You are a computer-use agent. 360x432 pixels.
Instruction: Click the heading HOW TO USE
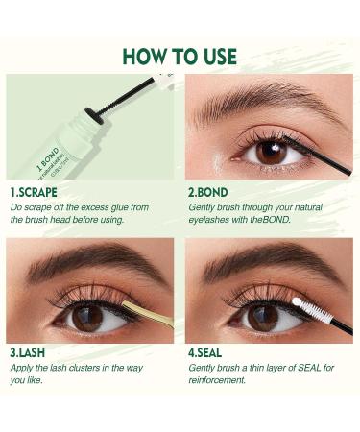click(180, 56)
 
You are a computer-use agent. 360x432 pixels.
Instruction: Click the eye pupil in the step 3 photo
click(87, 318)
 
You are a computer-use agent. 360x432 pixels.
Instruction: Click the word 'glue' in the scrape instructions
click(144, 206)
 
